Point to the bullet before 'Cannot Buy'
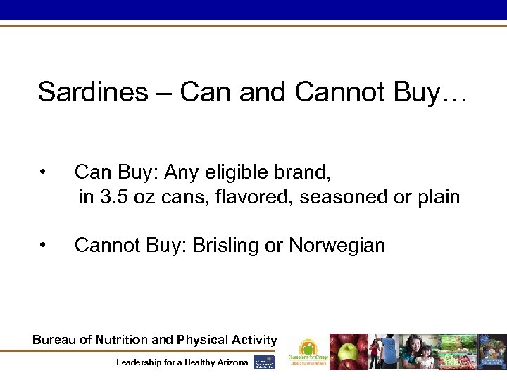(44, 245)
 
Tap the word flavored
(254, 197)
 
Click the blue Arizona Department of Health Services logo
(263, 361)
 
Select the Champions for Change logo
(307, 352)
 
